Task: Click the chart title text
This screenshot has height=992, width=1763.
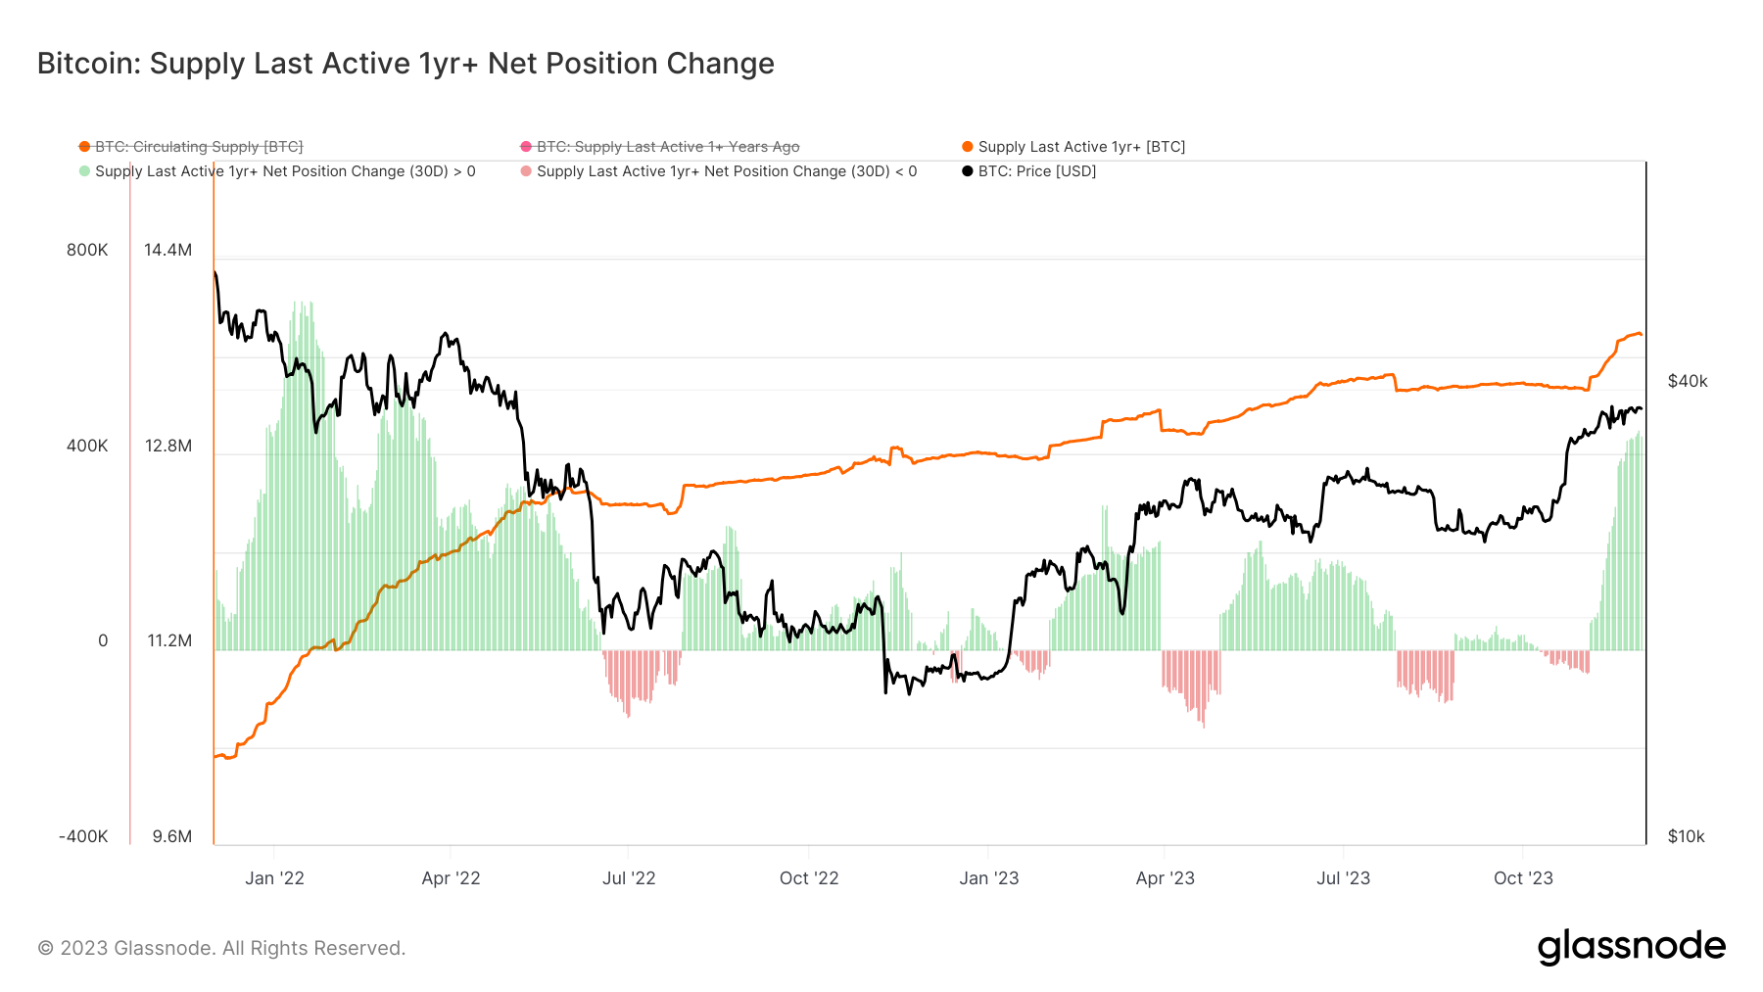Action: [405, 64]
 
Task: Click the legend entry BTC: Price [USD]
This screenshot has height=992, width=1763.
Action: [1036, 171]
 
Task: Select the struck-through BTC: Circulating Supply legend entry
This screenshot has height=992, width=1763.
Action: [198, 147]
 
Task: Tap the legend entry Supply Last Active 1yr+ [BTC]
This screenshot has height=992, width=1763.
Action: [1080, 147]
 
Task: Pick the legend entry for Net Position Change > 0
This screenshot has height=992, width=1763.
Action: [284, 171]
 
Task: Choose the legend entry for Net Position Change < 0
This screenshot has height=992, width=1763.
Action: [726, 171]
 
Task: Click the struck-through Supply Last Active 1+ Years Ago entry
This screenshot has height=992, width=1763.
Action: [667, 147]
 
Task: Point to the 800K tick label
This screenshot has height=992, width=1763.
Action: [87, 250]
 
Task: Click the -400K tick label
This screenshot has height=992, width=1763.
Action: [83, 836]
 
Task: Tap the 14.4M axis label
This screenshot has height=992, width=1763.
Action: [167, 250]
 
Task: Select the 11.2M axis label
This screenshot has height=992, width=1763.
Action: [168, 640]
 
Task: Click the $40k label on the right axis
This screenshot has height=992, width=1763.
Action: [1687, 381]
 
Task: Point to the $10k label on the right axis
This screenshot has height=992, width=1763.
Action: [1686, 836]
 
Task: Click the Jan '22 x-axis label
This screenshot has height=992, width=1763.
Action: [274, 878]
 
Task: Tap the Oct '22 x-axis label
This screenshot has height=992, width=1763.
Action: [808, 878]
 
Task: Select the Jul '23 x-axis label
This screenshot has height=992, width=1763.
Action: [1342, 878]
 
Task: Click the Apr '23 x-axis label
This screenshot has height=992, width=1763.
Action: [1165, 878]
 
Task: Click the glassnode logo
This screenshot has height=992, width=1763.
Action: [1631, 947]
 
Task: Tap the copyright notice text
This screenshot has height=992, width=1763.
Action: [221, 948]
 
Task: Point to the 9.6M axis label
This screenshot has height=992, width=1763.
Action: [171, 836]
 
